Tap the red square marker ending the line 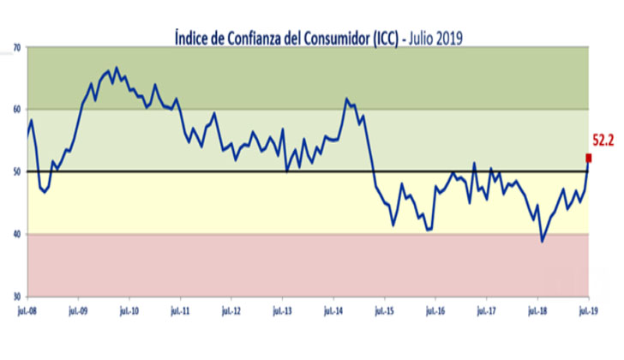589,158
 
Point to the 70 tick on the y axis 17,47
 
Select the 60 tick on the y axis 17,110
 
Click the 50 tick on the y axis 17,171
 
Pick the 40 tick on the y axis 17,234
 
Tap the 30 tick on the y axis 17,297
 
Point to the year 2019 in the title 449,38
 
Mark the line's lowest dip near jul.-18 543,242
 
